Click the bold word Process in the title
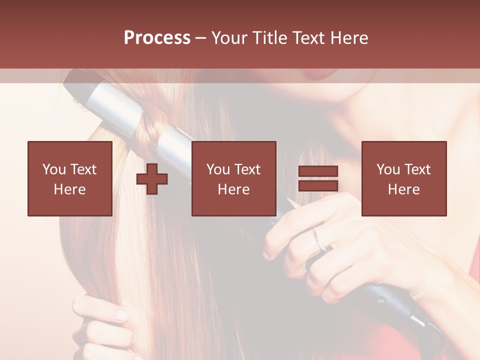(157, 37)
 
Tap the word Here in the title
(348, 37)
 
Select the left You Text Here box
(69, 178)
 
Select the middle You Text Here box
(233, 178)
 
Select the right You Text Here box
(403, 178)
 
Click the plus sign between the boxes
(152, 179)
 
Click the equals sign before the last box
(318, 179)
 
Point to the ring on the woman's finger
(320, 239)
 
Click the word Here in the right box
(403, 189)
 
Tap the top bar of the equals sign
(318, 171)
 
